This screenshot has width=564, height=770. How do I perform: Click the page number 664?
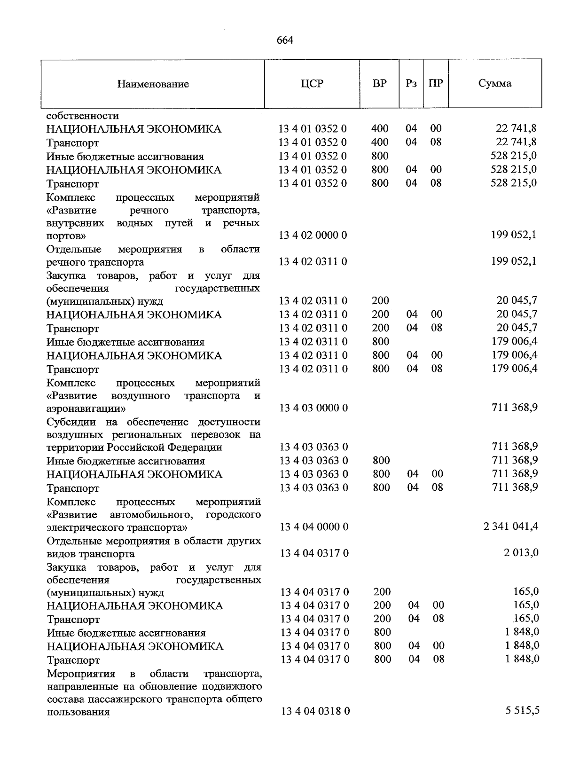point(285,40)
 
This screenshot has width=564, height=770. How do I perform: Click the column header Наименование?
point(153,84)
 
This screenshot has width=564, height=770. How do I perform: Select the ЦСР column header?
point(312,84)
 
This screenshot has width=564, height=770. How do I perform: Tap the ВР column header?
point(379,84)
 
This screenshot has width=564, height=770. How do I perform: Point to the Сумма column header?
point(495,84)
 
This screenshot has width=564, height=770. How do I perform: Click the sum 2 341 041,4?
point(510,526)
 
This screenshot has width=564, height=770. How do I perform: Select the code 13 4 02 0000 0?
point(313,235)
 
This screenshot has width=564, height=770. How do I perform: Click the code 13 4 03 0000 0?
point(313,408)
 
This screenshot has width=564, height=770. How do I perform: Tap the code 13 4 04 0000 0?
point(314,527)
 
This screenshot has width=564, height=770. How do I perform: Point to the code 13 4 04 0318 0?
point(315,712)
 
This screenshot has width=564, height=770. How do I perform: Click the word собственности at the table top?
point(83,116)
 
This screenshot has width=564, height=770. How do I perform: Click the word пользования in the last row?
point(78,712)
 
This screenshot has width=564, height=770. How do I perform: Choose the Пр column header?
point(436,84)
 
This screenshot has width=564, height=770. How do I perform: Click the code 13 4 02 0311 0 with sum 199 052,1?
point(313,261)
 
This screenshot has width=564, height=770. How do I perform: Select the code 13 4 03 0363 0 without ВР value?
point(313,447)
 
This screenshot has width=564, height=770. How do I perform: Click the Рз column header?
point(411,84)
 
